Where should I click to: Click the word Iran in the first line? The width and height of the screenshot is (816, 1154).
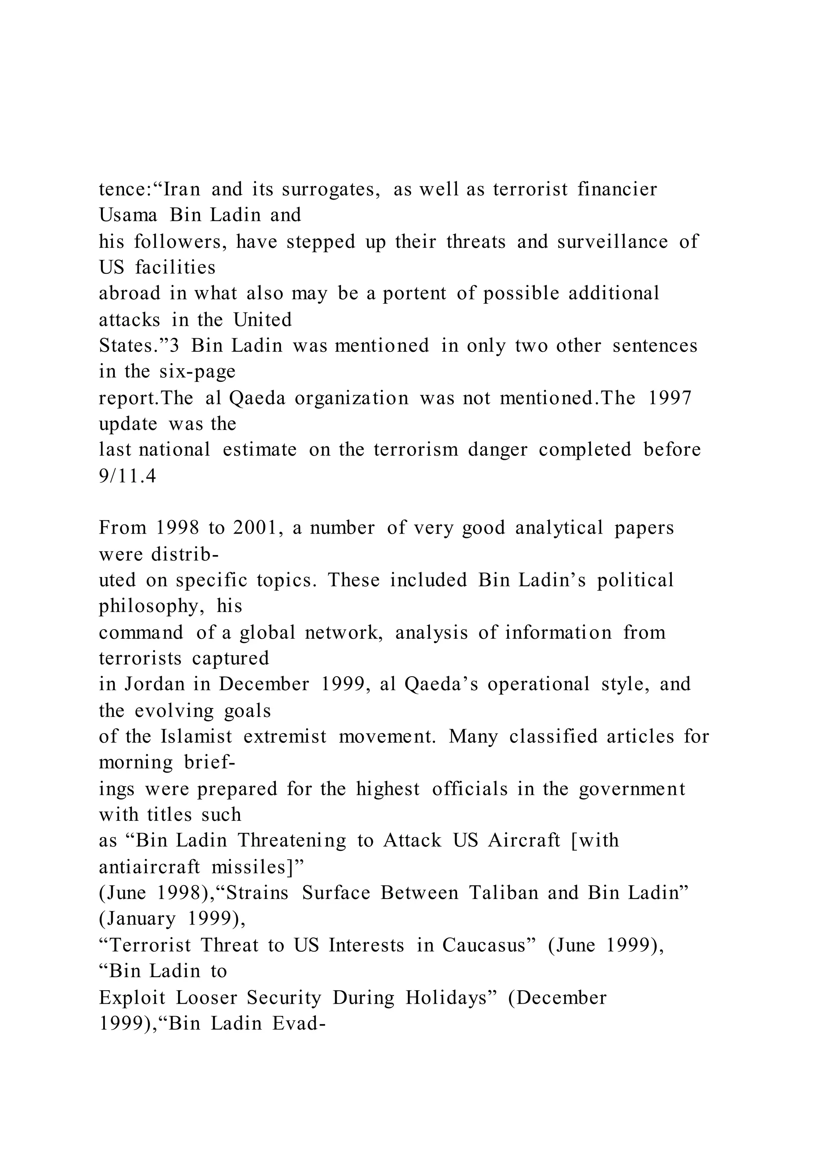tap(182, 190)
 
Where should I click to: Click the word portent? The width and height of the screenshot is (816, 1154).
tap(414, 294)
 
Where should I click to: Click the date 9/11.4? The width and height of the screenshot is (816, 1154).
tap(127, 476)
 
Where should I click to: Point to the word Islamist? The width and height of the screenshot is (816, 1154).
tap(196, 737)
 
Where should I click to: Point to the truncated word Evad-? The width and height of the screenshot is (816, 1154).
tap(296, 1024)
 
